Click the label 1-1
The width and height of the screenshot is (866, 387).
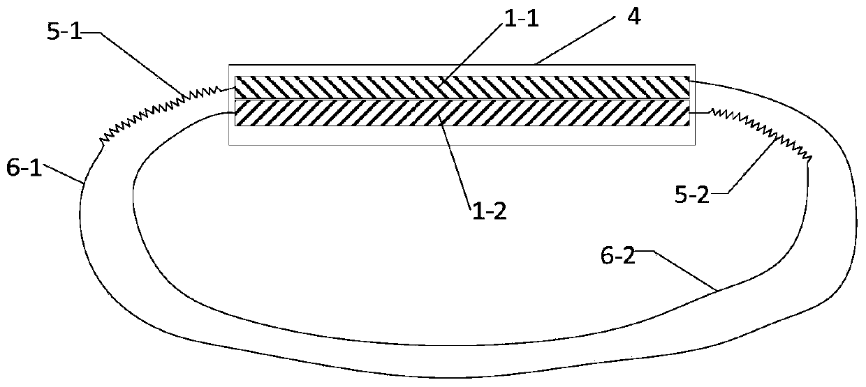click(x=522, y=19)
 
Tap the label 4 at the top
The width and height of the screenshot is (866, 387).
click(x=633, y=16)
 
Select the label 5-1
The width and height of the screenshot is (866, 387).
click(x=64, y=31)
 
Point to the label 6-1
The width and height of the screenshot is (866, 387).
click(x=24, y=168)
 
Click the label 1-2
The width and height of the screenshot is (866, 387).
click(x=489, y=211)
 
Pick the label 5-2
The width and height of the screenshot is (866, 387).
click(x=692, y=195)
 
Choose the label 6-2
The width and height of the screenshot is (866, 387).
click(x=618, y=255)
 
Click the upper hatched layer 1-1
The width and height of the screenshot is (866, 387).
click(x=462, y=87)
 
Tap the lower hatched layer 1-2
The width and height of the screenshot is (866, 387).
click(x=462, y=113)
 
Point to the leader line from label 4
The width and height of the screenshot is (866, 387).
click(x=575, y=40)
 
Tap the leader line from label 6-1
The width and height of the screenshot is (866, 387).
click(x=64, y=173)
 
